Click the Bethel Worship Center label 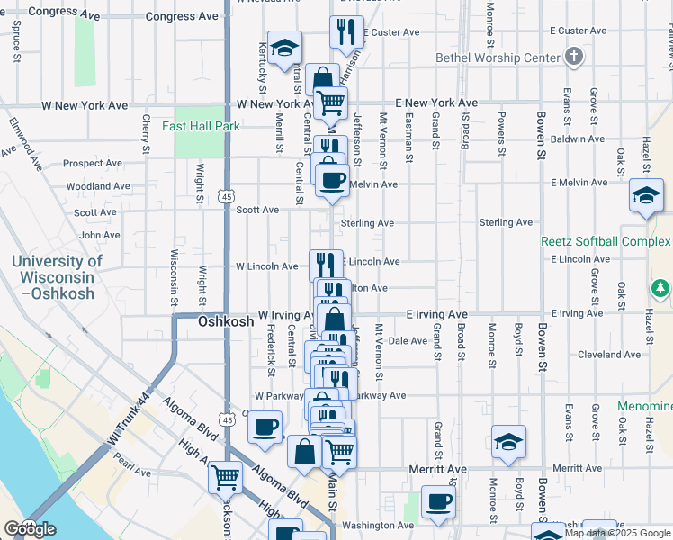tap(498, 58)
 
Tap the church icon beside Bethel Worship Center tap(574, 58)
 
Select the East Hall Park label tap(201, 127)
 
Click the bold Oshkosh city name tap(225, 321)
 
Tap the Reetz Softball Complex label tap(605, 241)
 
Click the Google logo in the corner tap(29, 529)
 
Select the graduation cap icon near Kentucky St tap(285, 48)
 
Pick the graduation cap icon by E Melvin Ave tap(646, 194)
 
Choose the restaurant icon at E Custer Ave tap(346, 32)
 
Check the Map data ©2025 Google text tap(618, 533)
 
